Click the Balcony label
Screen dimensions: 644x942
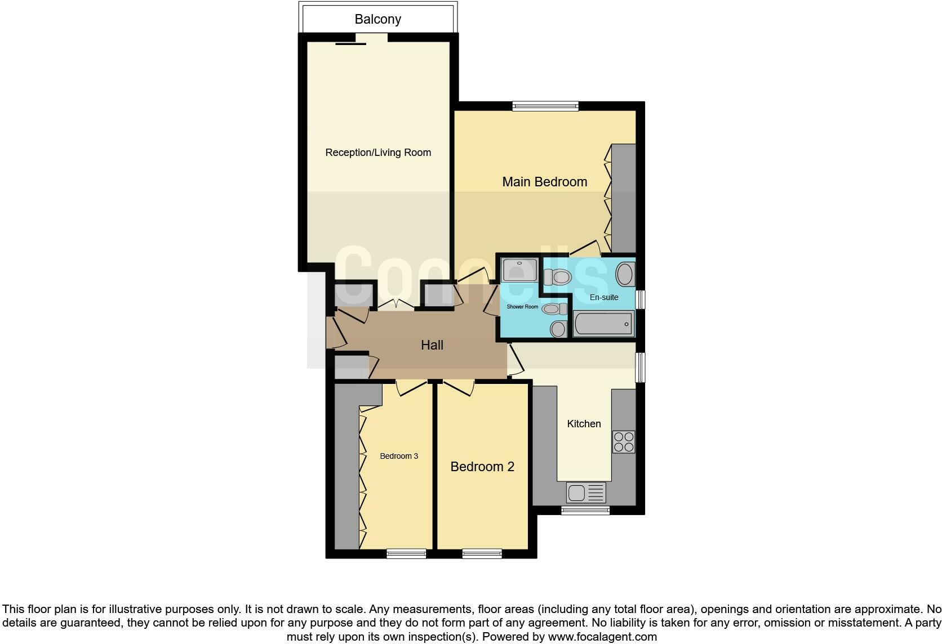pos(377,19)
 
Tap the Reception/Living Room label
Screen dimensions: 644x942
pos(378,153)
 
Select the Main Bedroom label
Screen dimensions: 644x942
pos(544,182)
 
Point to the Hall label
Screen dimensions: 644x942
pos(432,345)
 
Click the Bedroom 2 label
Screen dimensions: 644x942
pos(482,467)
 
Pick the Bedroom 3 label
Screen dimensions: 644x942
pos(399,456)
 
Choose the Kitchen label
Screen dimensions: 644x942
pos(584,424)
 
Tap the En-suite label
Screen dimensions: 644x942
pos(604,297)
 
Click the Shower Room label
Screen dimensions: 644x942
pos(522,307)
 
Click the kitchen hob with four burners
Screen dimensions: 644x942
pos(623,442)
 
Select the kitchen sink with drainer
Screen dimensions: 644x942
pos(586,493)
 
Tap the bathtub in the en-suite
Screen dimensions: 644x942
pos(603,324)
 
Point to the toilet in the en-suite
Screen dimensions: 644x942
pos(557,276)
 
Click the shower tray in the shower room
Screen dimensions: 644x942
pos(519,270)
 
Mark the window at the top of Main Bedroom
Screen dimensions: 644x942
pos(545,105)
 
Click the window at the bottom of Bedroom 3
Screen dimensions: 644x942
pos(406,554)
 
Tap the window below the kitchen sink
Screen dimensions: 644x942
pos(585,511)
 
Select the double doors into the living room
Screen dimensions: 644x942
pos(396,304)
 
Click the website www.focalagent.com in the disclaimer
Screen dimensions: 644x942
pos(602,637)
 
